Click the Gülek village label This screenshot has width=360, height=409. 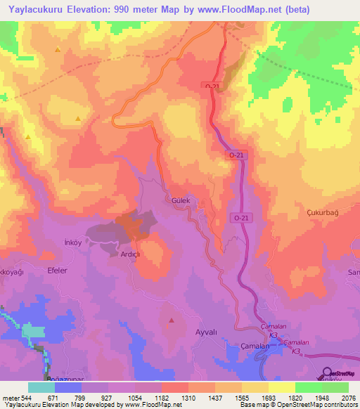pos(181,200)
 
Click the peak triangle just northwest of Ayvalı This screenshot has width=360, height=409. pos(172,320)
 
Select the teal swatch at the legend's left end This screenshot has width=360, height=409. pos(41,387)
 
